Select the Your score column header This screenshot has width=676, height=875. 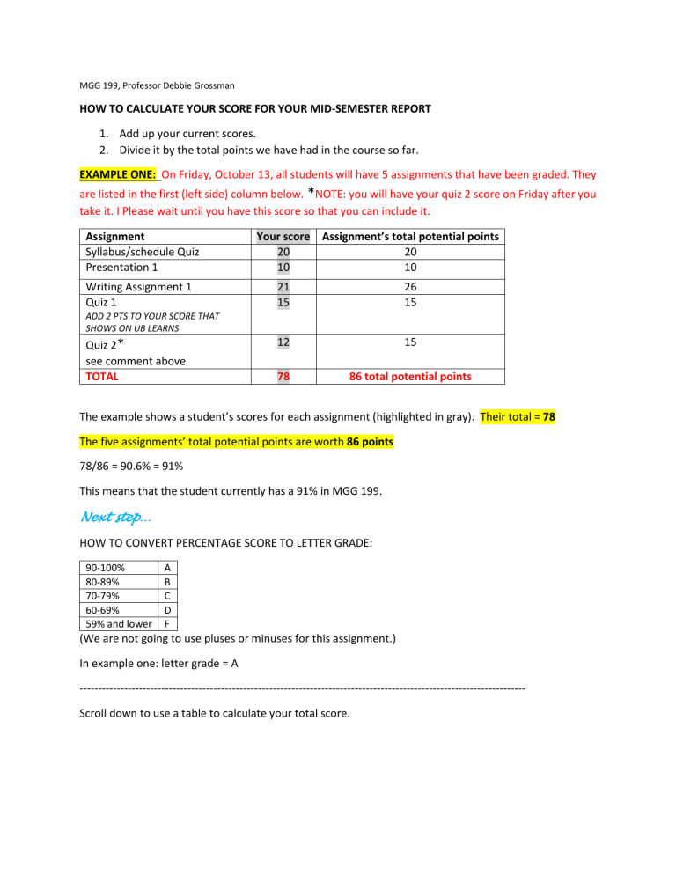(282, 236)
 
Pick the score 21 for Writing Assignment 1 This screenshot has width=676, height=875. (282, 286)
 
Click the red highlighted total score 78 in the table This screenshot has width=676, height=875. (282, 376)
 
